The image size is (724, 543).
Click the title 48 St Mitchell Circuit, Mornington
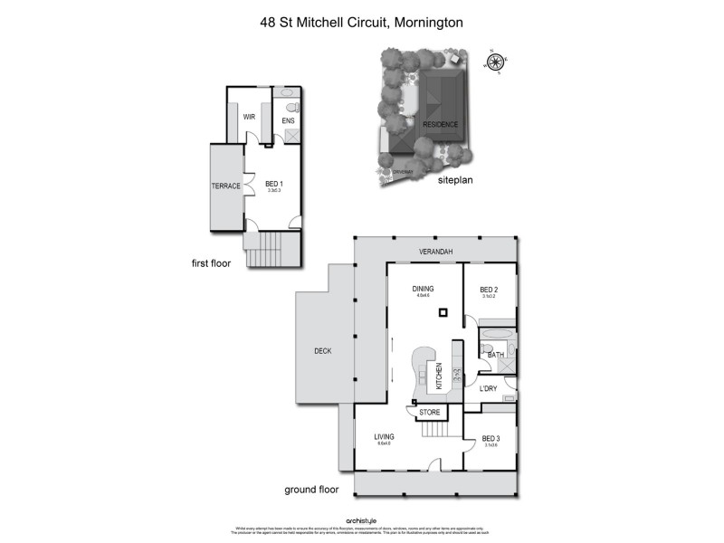[361, 19]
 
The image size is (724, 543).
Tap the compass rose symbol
[495, 62]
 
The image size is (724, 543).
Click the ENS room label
[289, 120]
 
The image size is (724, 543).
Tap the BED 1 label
[273, 185]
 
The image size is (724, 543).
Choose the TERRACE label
[226, 186]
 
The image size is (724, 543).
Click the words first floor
[212, 264]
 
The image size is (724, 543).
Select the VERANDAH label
[435, 251]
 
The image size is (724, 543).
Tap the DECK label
[323, 351]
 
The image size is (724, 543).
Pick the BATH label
[495, 356]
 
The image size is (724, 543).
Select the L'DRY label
[489, 388]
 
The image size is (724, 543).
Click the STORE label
[431, 413]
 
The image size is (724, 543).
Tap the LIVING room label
[385, 437]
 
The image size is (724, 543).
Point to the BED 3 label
[491, 438]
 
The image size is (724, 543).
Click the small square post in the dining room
[443, 313]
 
